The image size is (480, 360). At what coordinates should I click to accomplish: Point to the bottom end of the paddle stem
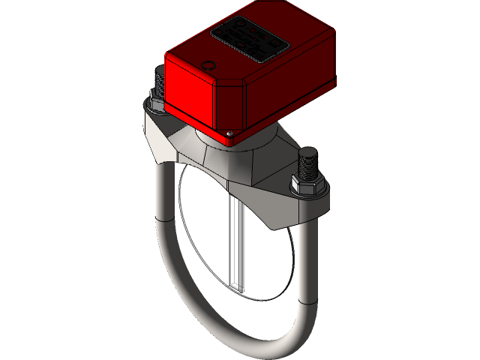tap(238, 291)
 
